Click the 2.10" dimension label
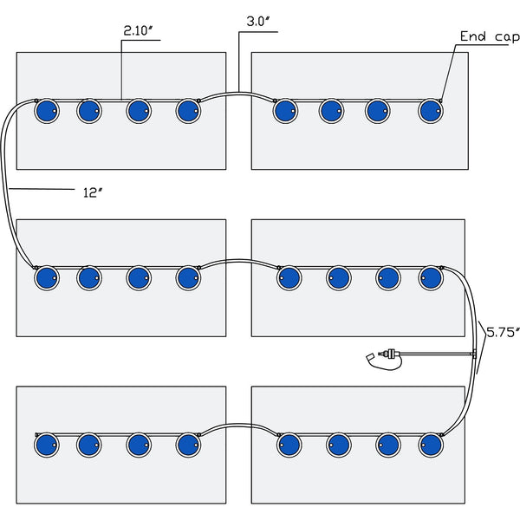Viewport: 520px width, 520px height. pyautogui.click(x=138, y=31)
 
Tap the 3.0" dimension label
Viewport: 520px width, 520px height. pyautogui.click(x=258, y=22)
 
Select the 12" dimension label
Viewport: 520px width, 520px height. pyautogui.click(x=92, y=192)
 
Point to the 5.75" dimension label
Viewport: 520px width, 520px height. pyautogui.click(x=503, y=332)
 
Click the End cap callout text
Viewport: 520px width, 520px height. pyautogui.click(x=490, y=36)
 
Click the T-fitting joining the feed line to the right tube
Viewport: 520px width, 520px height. pyautogui.click(x=474, y=354)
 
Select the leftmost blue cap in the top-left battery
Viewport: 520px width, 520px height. pyautogui.click(x=47, y=111)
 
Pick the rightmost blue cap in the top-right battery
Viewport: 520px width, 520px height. pyautogui.click(x=431, y=111)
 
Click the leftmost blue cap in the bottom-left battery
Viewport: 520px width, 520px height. pyautogui.click(x=47, y=445)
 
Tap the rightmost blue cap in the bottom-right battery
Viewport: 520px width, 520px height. pyautogui.click(x=431, y=445)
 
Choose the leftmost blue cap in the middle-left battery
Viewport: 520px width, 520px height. pyautogui.click(x=47, y=278)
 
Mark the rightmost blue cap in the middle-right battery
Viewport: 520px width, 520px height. pyautogui.click(x=431, y=278)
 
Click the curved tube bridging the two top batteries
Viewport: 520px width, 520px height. pyautogui.click(x=237, y=94)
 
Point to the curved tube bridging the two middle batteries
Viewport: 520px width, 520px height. pyautogui.click(x=239, y=261)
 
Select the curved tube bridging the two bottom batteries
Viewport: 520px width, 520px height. pyautogui.click(x=239, y=425)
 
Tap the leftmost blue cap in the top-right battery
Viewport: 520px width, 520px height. pyautogui.click(x=285, y=111)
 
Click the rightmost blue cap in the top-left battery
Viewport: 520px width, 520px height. pyautogui.click(x=188, y=111)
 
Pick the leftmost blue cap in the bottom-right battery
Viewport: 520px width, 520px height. pyautogui.click(x=289, y=445)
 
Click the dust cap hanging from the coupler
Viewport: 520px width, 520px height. pyautogui.click(x=370, y=357)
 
